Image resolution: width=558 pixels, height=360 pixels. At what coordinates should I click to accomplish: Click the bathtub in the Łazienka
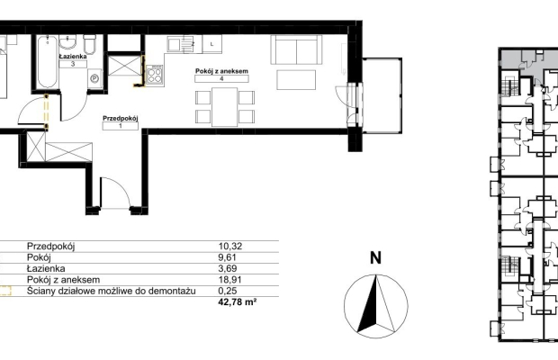click(48, 61)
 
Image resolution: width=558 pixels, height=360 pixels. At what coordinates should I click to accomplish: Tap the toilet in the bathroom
click(89, 44)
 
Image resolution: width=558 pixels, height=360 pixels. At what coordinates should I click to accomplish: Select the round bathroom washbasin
click(67, 41)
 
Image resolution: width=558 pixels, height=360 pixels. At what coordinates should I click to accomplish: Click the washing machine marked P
click(94, 78)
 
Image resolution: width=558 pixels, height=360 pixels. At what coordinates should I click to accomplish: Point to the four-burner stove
click(155, 75)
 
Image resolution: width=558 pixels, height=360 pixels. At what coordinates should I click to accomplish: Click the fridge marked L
click(212, 44)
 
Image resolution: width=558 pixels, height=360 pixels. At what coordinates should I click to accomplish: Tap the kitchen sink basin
click(175, 44)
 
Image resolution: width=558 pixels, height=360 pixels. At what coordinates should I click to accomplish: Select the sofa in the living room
click(296, 49)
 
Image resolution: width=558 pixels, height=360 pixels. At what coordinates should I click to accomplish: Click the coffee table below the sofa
click(296, 80)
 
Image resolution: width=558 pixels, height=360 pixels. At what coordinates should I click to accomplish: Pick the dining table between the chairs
click(225, 107)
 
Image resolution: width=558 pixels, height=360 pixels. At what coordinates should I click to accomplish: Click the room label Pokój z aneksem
click(221, 71)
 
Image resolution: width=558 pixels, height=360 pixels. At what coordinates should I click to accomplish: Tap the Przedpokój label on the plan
click(121, 118)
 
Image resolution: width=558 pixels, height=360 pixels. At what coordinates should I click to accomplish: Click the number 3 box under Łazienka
click(73, 64)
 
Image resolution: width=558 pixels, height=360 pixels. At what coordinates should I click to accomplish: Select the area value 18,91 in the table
click(228, 280)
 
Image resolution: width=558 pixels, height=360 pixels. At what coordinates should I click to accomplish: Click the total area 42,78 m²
click(238, 302)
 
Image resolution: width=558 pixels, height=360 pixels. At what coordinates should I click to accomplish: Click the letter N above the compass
click(376, 258)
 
